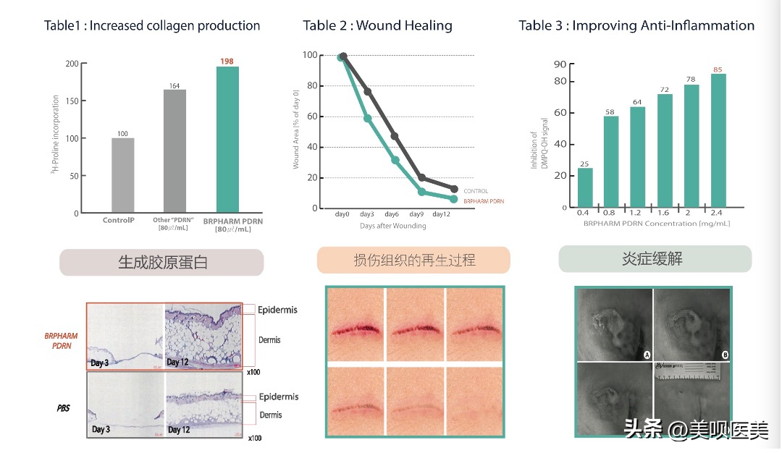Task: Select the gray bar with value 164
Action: [175, 151]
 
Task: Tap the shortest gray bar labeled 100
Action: [122, 175]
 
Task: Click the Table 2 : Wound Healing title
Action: [377, 25]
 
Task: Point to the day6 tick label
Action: [392, 214]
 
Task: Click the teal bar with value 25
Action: [585, 187]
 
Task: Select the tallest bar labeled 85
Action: [718, 140]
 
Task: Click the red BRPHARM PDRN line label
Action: [484, 201]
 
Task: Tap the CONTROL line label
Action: [476, 191]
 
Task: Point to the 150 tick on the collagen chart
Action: [72, 101]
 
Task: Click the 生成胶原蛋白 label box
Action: [161, 263]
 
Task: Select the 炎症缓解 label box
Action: [655, 259]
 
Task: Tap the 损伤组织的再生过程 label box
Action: [413, 260]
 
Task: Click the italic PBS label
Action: [63, 409]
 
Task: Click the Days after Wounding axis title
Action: [392, 226]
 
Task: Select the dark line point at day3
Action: [368, 92]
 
